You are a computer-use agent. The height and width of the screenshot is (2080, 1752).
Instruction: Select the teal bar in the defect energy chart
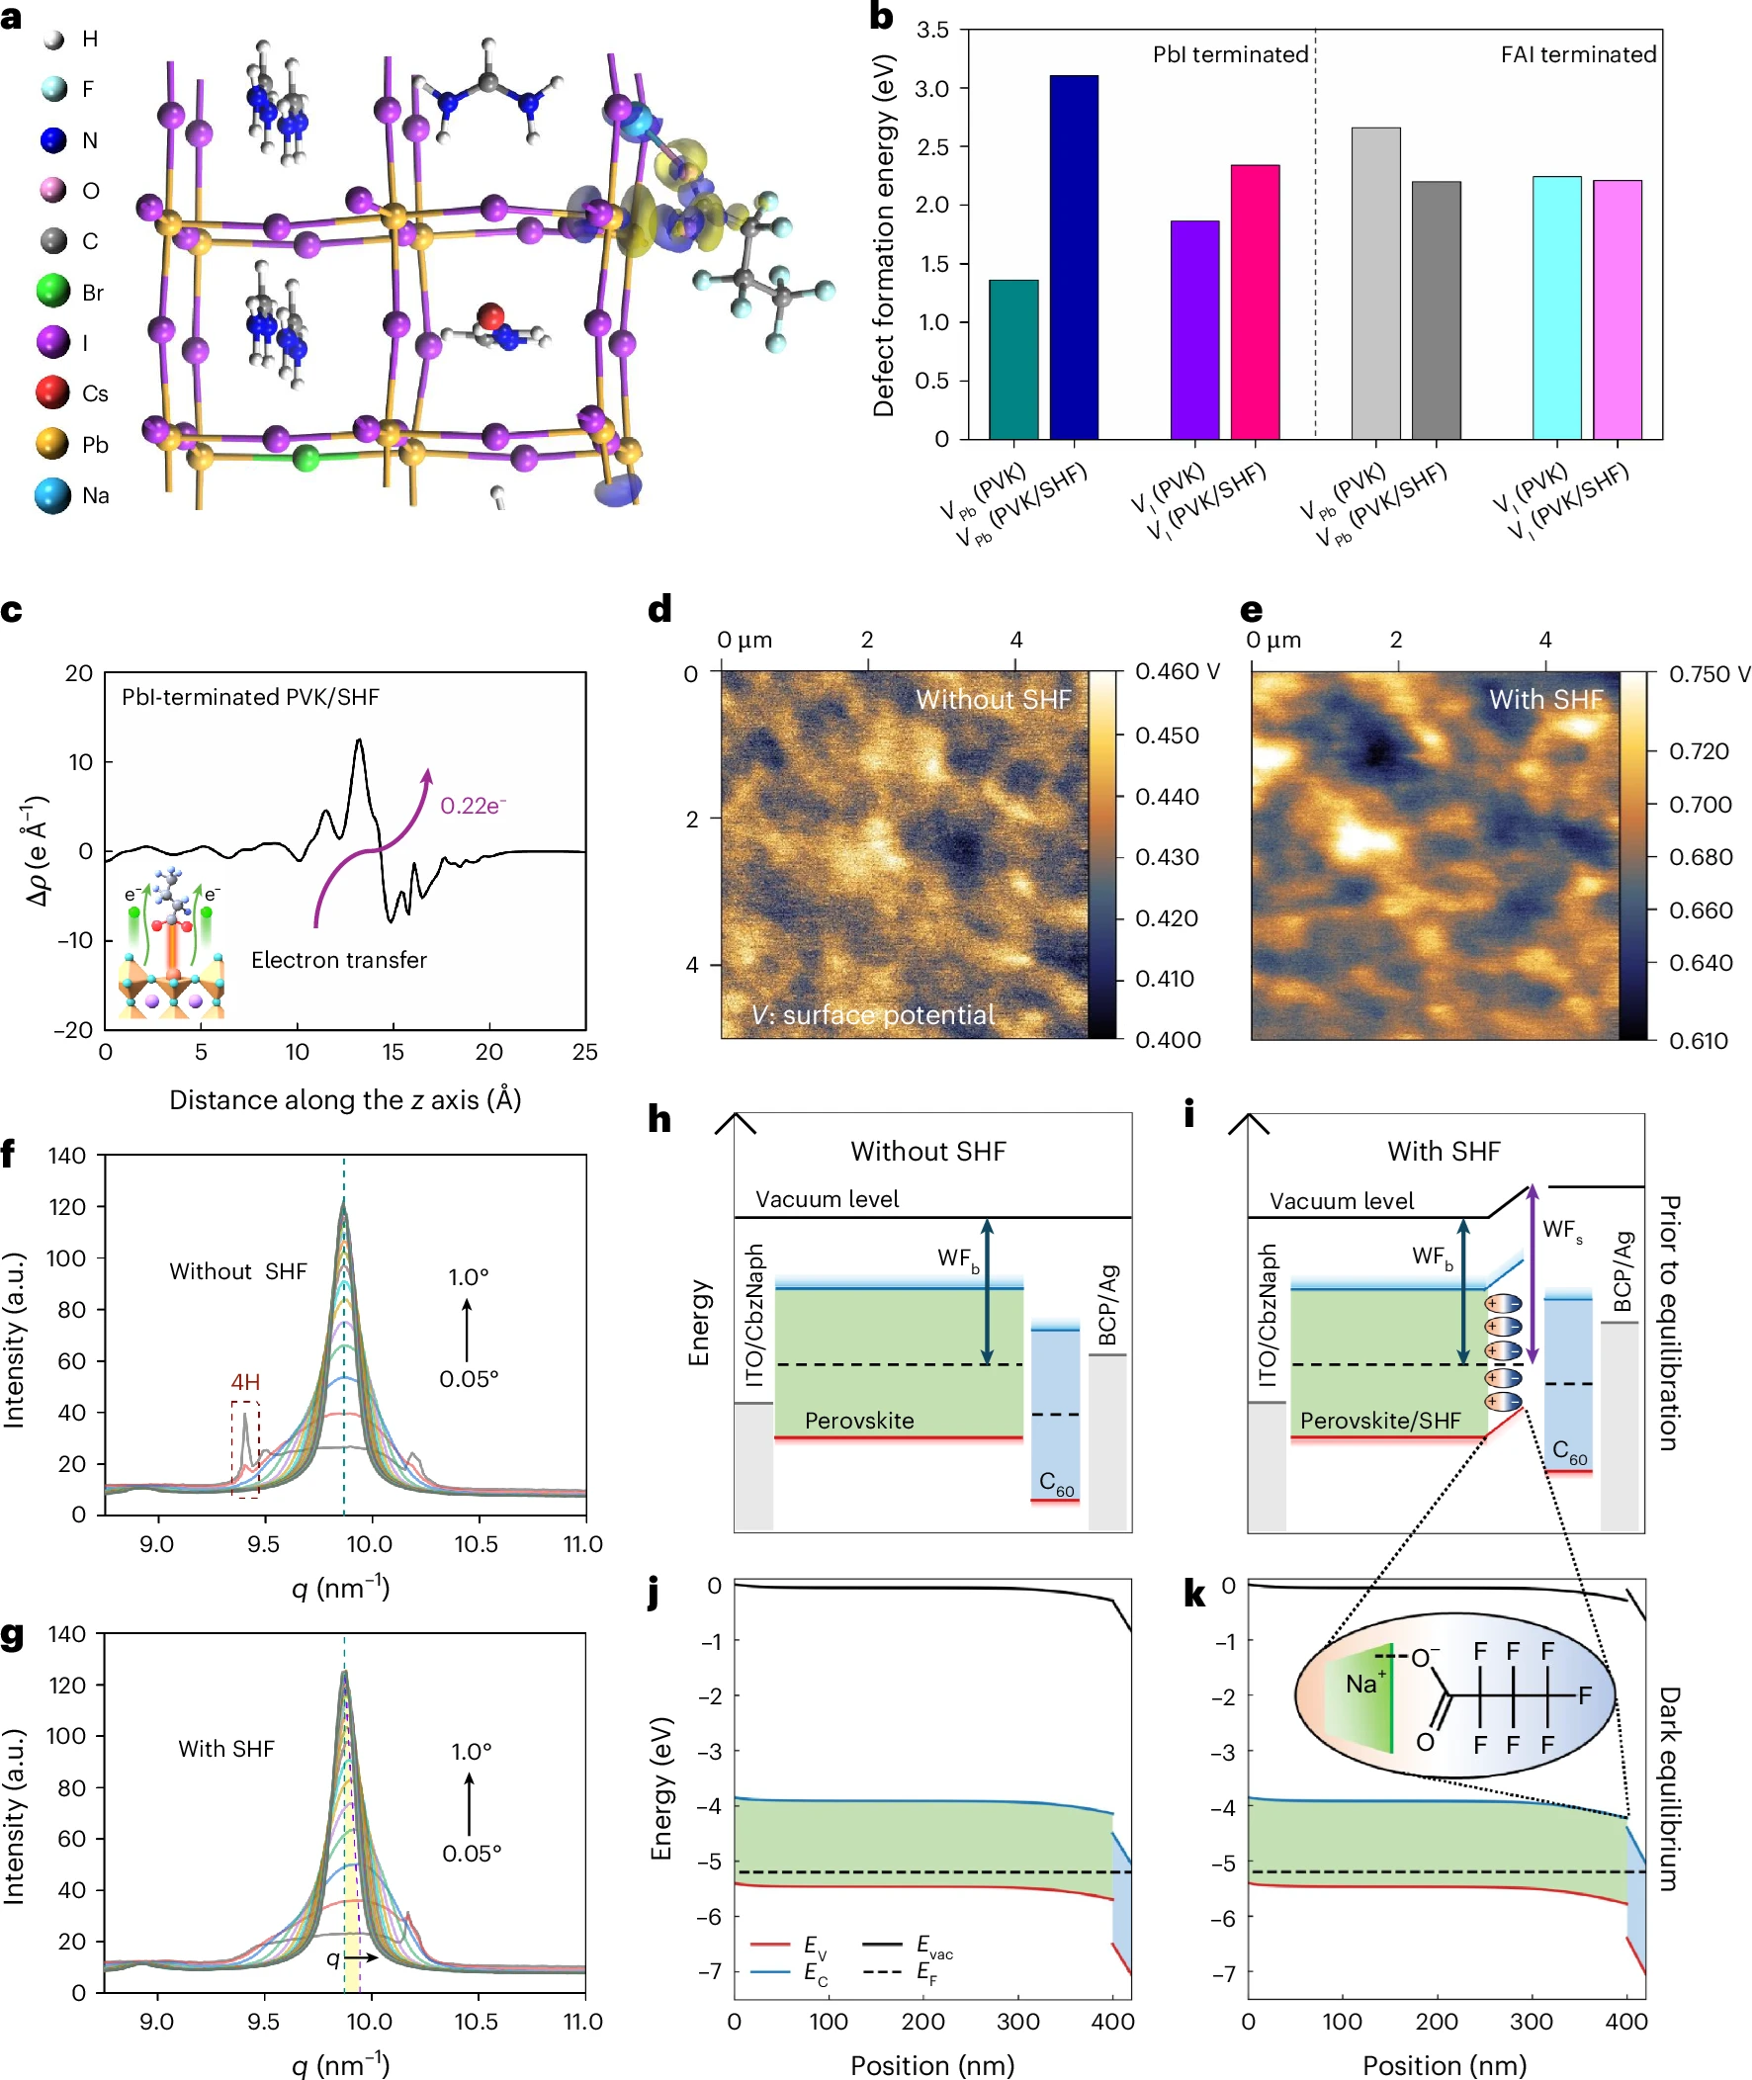tap(1013, 360)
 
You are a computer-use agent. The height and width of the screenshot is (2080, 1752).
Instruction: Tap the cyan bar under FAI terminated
tap(1556, 307)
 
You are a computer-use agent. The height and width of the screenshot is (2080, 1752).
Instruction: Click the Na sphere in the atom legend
tap(52, 495)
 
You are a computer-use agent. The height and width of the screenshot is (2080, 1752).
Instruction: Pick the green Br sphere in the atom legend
tap(52, 292)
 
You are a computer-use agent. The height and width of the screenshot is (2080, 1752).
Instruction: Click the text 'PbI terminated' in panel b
tap(1230, 54)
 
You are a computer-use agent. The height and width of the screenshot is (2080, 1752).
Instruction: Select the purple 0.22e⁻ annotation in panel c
tap(473, 805)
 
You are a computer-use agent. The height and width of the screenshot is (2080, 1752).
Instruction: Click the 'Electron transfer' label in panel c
tap(339, 960)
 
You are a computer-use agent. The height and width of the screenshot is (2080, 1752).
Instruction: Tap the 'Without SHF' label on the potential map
tap(993, 700)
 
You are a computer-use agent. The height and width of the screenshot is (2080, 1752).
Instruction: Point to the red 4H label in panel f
tap(245, 1382)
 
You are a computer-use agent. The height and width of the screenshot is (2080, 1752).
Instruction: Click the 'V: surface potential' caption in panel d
tap(873, 1014)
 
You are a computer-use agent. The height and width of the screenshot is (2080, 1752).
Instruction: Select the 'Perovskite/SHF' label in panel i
tap(1379, 1421)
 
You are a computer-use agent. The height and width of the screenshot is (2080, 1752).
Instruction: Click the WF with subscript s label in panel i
tap(1562, 1231)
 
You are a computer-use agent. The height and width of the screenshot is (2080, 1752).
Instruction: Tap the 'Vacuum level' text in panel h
tap(827, 1199)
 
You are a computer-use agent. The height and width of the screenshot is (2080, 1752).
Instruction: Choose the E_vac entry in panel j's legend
tap(933, 1945)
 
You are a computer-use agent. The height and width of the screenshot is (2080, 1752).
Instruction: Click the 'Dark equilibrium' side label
tap(1670, 1787)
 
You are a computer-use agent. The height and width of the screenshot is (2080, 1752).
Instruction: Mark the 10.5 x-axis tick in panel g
tap(476, 2022)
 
